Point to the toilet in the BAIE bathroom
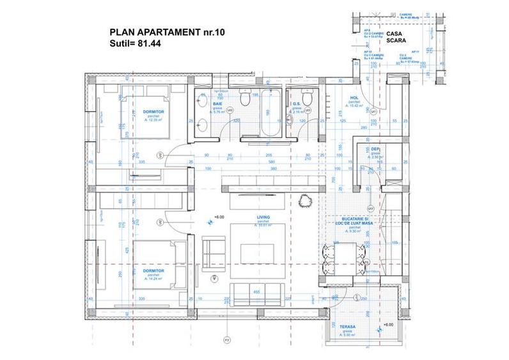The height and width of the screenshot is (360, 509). [x=244, y=100]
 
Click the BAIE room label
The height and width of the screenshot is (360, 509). [x=217, y=102]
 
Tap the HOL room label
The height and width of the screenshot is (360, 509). [x=353, y=98]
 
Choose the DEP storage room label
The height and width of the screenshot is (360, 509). [x=375, y=150]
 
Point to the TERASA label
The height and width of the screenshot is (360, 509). [x=347, y=327]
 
